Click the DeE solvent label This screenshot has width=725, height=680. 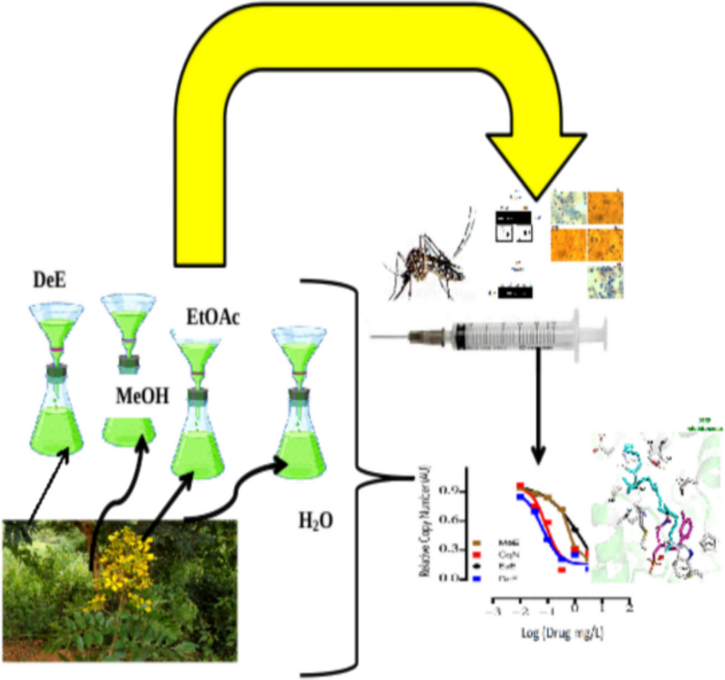(x=49, y=279)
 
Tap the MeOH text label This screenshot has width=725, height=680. (x=142, y=396)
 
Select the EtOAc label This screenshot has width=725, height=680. (x=213, y=317)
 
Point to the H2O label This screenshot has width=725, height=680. (x=316, y=520)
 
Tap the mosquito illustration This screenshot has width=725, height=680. (x=427, y=262)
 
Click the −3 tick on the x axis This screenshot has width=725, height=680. (x=493, y=610)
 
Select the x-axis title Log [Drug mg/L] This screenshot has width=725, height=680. (x=562, y=633)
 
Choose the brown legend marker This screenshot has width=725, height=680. (x=477, y=542)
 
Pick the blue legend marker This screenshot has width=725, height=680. (x=477, y=578)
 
